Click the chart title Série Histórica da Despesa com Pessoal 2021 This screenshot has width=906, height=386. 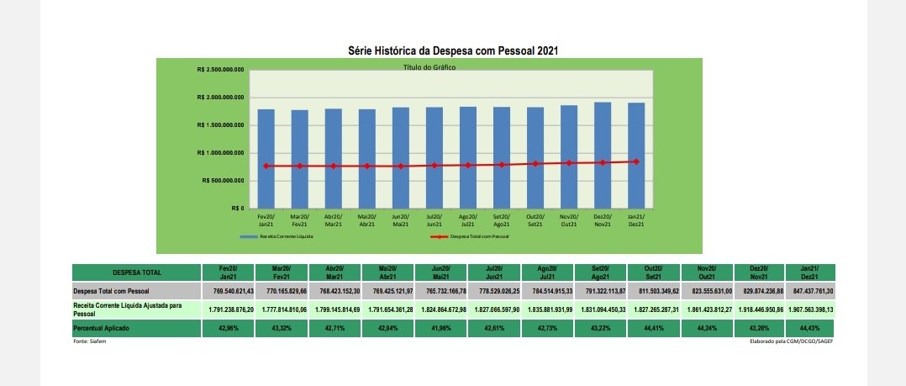(453, 50)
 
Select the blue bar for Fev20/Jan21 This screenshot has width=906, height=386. (266, 160)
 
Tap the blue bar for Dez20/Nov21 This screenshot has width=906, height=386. (602, 156)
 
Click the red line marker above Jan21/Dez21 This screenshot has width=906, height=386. (636, 161)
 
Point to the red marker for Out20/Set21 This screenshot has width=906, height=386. (535, 163)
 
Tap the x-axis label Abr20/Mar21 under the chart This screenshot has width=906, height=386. (333, 221)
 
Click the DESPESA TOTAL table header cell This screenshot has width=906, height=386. (136, 272)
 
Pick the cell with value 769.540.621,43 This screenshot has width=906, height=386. (229, 291)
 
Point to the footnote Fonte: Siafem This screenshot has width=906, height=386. (89, 341)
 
